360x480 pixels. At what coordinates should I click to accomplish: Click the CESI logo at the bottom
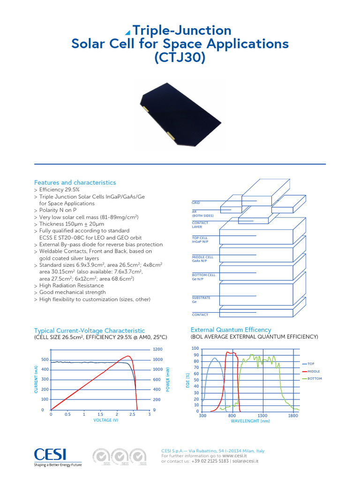(50, 454)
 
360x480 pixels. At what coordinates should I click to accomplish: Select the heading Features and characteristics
(75, 182)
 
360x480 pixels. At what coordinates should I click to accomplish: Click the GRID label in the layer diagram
(196, 203)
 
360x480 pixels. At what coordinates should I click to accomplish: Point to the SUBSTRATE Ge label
(201, 300)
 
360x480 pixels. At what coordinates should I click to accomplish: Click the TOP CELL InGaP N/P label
(201, 240)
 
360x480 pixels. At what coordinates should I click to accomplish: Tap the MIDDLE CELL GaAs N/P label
(202, 259)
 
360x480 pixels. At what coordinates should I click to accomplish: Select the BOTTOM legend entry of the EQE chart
(315, 378)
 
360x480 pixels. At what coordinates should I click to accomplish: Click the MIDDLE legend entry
(314, 371)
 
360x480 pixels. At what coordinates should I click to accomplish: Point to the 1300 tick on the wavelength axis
(262, 416)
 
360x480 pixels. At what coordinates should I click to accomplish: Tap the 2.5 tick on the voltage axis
(134, 415)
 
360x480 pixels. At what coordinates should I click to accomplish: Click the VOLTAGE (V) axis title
(106, 420)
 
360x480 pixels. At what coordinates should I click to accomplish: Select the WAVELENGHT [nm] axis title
(250, 421)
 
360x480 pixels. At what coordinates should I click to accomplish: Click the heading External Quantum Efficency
(231, 330)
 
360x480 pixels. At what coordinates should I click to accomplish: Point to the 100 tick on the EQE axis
(195, 349)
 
